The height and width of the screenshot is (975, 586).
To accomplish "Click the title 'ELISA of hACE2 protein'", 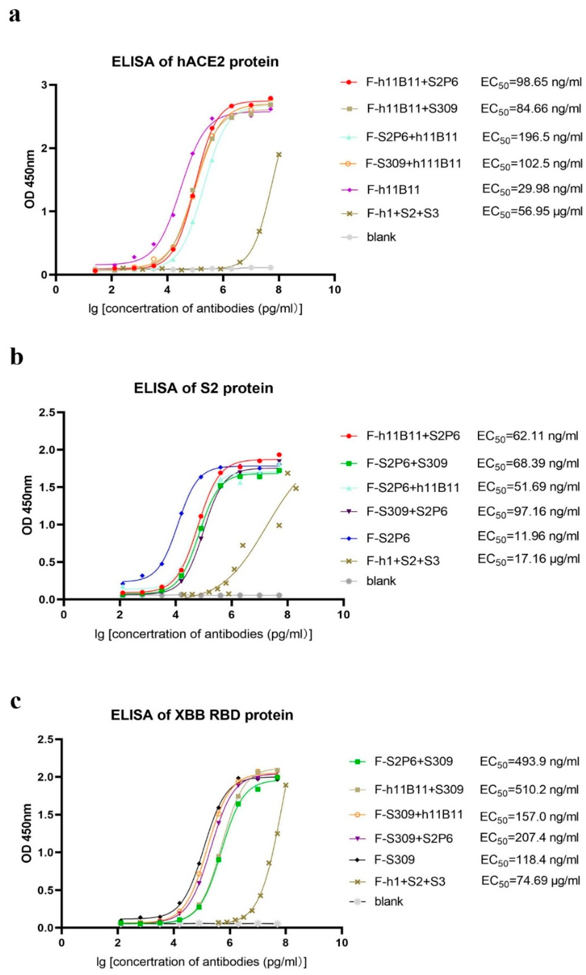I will pos(195,62).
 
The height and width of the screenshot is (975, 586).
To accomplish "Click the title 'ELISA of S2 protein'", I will pos(203,388).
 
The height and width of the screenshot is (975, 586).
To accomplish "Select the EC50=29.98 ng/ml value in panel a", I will pos(532,189).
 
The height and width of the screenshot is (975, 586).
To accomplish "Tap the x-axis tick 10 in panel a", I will pos(335,290).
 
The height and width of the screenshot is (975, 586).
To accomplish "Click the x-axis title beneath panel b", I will pos(203,634).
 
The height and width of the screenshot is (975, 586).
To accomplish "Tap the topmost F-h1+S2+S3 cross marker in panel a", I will pos(279,154).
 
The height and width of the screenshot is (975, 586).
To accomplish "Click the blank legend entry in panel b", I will pos(381,581).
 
